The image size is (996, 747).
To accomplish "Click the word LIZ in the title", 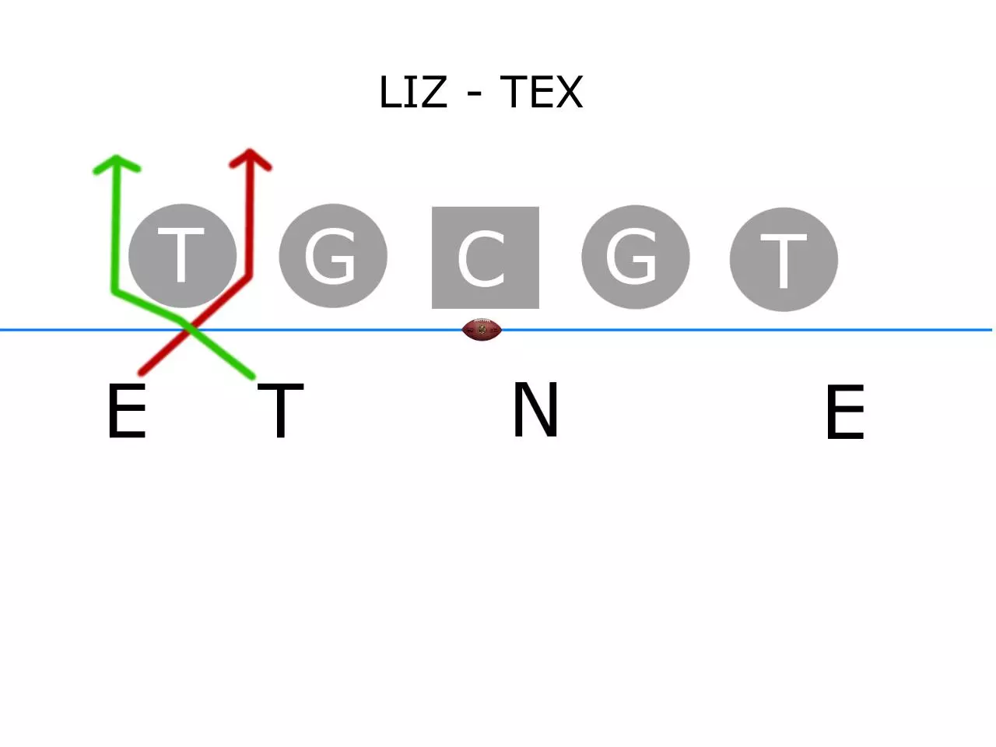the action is point(413,92).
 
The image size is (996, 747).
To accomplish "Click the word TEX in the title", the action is point(542,92).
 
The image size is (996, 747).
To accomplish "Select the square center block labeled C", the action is point(485,258).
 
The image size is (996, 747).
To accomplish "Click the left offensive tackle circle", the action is point(182,256).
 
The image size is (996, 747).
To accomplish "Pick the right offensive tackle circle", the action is point(784,259).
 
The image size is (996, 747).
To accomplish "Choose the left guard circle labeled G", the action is point(333,256).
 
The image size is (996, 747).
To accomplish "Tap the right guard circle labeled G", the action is point(635,257).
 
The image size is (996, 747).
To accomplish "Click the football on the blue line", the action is point(482,330).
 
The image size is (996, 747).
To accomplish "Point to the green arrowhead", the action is point(117,164).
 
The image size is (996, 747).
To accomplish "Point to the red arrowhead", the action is point(250,159).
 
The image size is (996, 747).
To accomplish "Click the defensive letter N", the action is point(535,409).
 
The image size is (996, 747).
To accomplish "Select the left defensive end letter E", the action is point(127,412).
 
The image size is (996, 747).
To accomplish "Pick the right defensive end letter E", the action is point(845,412).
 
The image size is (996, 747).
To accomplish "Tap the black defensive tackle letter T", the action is point(280,411).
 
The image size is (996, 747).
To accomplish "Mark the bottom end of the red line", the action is point(141,373).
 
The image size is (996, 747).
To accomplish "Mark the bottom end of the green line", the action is point(253,377).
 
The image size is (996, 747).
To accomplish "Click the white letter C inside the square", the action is point(481,259).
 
